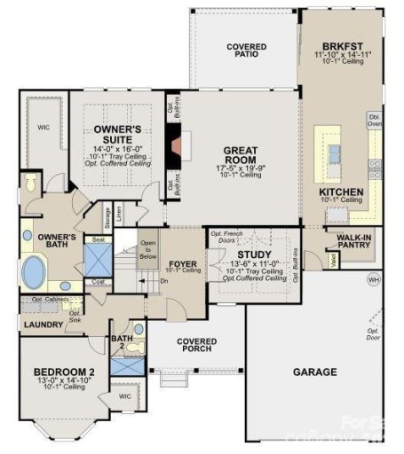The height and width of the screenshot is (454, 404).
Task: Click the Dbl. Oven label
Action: click(374, 121)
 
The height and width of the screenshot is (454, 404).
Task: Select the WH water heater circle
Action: click(373, 281)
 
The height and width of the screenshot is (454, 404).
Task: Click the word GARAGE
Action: click(314, 372)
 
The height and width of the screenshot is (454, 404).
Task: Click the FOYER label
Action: click(182, 263)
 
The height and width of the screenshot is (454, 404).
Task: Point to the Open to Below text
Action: click(147, 249)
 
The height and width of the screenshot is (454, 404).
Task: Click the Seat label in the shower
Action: click(97, 239)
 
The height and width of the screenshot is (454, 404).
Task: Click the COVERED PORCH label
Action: click(196, 345)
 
